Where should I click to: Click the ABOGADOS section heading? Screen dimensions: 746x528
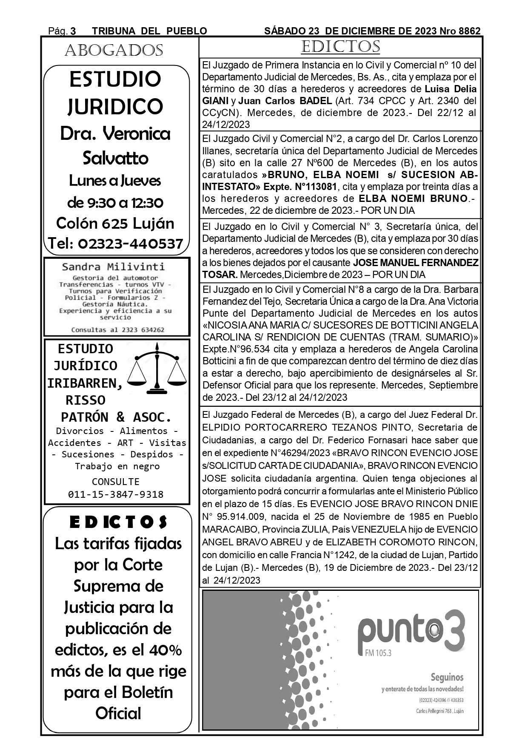114,51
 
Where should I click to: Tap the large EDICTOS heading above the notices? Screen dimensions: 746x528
340,47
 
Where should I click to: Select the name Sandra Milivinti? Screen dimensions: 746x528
113,267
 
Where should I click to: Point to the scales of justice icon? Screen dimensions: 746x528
158,367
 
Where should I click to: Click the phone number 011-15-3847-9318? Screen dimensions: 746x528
116,494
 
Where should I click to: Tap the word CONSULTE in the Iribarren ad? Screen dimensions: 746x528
116,482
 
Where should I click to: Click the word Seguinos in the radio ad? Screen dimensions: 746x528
447,677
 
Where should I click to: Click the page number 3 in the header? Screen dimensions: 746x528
73,31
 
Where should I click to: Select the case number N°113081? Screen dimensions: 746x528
316,187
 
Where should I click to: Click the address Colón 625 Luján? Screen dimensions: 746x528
115,223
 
